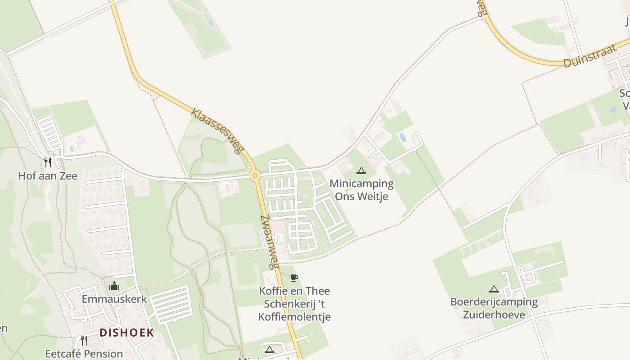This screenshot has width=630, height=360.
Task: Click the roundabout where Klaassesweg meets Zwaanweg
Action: pyautogui.click(x=255, y=175)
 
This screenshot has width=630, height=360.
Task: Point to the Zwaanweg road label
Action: pyautogui.click(x=270, y=242)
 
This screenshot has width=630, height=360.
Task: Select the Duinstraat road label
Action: pyautogui.click(x=590, y=56)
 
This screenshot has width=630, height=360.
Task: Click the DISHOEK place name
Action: pyautogui.click(x=126, y=333)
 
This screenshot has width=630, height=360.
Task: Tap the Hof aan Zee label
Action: pyautogui.click(x=48, y=176)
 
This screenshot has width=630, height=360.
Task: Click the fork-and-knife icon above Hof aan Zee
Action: pyautogui.click(x=48, y=162)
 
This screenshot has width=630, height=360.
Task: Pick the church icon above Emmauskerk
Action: pyautogui.click(x=114, y=286)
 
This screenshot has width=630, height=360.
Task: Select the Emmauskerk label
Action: pyautogui.click(x=114, y=299)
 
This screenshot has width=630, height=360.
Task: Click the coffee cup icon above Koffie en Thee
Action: pyautogui.click(x=294, y=278)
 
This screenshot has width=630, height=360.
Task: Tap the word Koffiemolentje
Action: pyautogui.click(x=294, y=317)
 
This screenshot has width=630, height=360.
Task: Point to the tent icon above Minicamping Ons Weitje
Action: pyautogui.click(x=361, y=171)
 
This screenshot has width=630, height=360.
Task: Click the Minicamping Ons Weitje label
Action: pyautogui.click(x=361, y=190)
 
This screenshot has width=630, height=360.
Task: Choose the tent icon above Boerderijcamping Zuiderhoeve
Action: pyautogui.click(x=494, y=289)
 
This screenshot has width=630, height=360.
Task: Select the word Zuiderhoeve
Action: pyautogui.click(x=494, y=314)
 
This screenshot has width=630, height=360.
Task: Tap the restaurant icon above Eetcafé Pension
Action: pyautogui.click(x=84, y=340)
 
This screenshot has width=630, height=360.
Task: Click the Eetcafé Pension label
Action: pyautogui.click(x=84, y=354)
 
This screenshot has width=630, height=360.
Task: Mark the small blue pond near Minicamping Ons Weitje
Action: pyautogui.click(x=402, y=137)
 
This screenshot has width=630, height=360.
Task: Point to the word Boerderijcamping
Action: pyautogui.click(x=494, y=301)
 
